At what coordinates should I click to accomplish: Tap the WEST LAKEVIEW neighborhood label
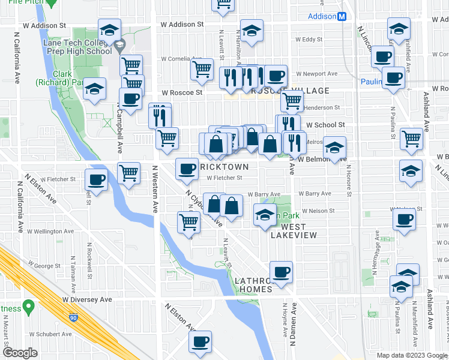[x=288, y=231]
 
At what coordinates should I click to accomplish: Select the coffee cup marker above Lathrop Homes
[x=281, y=272]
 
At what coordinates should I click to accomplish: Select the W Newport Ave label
[x=318, y=74]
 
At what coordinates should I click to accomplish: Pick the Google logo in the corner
[x=20, y=353]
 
